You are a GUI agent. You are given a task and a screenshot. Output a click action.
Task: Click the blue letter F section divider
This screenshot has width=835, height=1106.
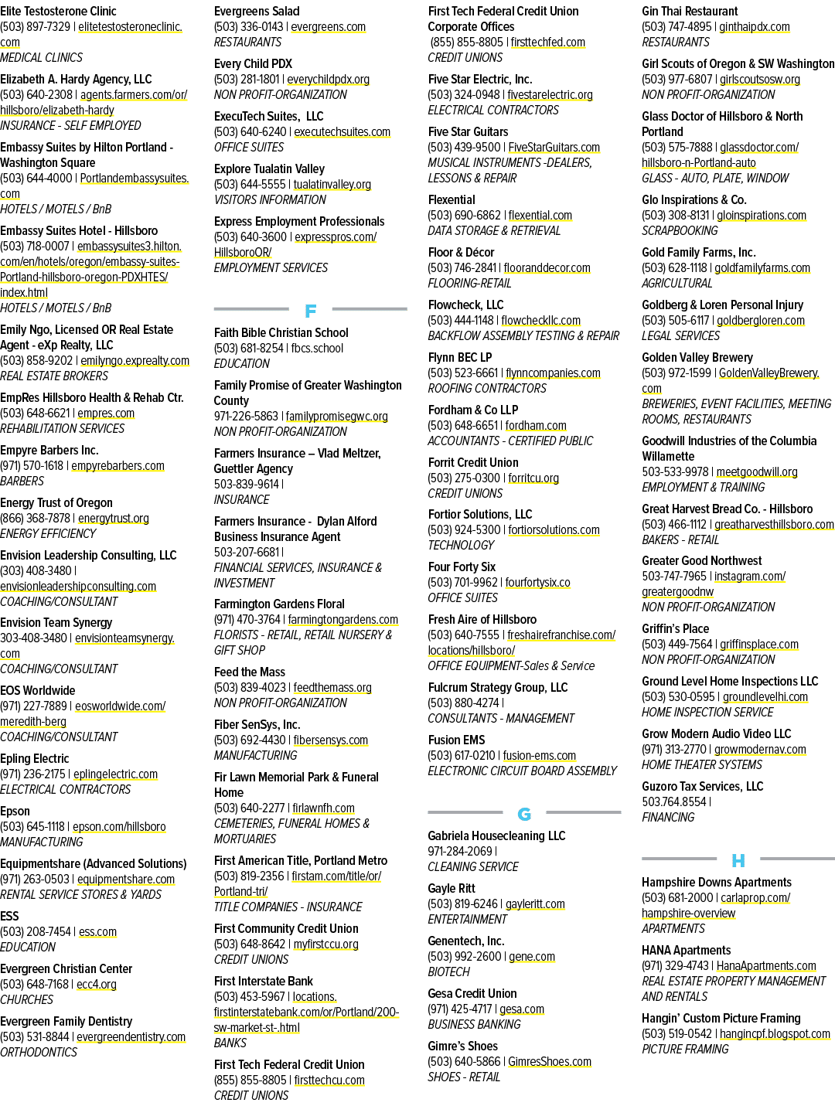(x=310, y=311)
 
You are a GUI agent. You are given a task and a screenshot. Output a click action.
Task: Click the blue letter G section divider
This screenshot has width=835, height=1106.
(x=524, y=815)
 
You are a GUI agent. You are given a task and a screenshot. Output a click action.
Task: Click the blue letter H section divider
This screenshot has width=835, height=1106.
(x=738, y=861)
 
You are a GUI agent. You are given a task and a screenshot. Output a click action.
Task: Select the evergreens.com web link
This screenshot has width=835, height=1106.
(x=328, y=27)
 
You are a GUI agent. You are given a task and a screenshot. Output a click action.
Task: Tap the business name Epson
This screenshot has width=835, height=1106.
(x=15, y=812)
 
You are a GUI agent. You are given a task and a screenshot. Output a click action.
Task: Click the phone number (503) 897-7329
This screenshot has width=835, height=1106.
(x=36, y=27)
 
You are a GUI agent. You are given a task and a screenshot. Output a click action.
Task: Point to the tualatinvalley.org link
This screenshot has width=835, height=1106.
(x=332, y=185)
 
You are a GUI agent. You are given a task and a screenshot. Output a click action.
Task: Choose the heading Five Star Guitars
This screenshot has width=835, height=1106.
(x=469, y=132)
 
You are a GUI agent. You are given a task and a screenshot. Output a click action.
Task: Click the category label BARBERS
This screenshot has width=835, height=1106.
(x=22, y=482)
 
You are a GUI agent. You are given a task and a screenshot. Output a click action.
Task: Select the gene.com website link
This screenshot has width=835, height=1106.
(x=532, y=956)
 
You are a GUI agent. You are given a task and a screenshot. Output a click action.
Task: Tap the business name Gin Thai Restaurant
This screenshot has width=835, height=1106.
(x=690, y=11)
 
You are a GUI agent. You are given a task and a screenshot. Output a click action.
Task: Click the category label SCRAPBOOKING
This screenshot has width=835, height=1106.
(x=680, y=231)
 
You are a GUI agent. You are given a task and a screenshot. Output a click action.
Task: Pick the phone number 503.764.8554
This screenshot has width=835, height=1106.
(x=674, y=801)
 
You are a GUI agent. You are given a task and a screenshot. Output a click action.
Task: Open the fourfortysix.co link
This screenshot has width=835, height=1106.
(x=537, y=583)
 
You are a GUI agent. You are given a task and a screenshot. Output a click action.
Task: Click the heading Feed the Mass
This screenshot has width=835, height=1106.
(x=250, y=672)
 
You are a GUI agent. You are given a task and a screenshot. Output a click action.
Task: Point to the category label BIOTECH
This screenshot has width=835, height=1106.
(x=448, y=972)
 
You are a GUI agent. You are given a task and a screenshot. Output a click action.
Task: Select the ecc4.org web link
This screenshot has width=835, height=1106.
(x=96, y=984)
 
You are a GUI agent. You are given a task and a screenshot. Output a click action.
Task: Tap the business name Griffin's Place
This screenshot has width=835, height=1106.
(x=675, y=629)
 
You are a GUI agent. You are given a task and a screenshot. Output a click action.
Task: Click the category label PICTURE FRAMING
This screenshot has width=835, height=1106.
(x=685, y=1049)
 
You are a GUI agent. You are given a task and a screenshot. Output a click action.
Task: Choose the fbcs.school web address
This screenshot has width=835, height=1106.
(x=317, y=348)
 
